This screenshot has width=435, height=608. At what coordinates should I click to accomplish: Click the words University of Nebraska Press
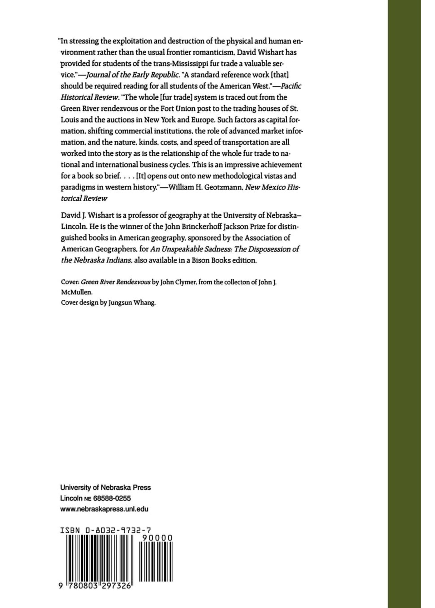106,487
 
